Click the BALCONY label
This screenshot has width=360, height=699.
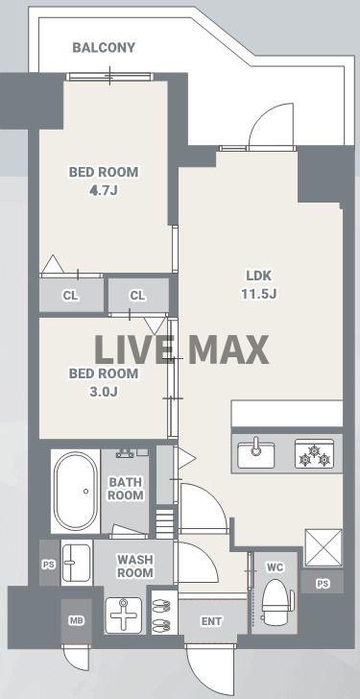[104, 48]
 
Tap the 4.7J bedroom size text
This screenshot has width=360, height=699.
[104, 191]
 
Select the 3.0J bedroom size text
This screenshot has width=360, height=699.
[104, 393]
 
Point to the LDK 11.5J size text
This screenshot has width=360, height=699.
[259, 294]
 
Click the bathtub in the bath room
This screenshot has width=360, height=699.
[76, 492]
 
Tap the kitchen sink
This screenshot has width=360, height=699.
[255, 454]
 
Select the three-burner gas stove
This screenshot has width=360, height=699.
[315, 454]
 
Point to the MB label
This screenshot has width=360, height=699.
[76, 620]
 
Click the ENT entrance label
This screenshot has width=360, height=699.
[211, 621]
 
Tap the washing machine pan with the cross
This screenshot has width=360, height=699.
[124, 615]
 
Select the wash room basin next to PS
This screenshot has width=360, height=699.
[76, 562]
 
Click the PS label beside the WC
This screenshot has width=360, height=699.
[323, 584]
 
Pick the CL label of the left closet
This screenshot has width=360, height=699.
[71, 295]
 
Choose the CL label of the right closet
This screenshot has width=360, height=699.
[137, 295]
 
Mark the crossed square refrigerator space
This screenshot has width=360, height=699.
[324, 548]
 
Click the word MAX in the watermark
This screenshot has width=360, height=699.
[228, 349]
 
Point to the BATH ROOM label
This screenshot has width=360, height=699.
[126, 489]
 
